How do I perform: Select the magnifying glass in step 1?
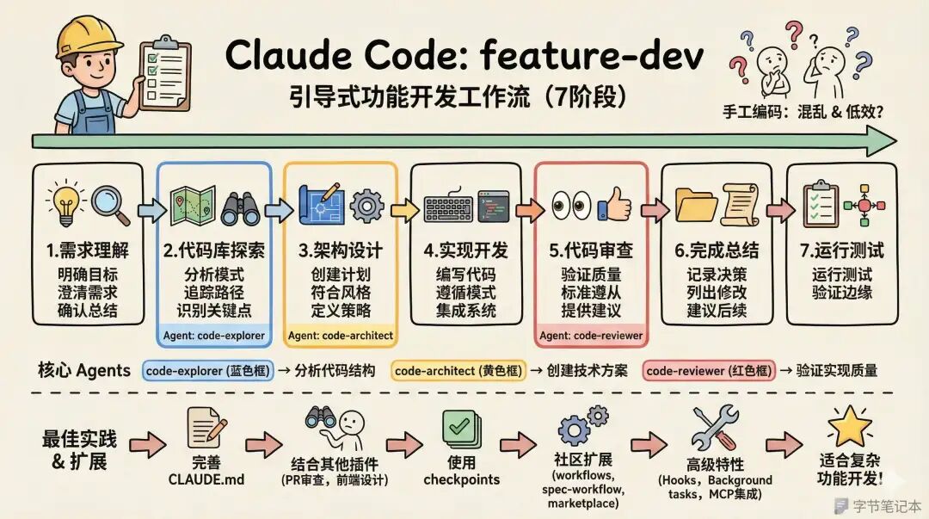pyautogui.click(x=110, y=203)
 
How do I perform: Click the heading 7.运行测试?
pyautogui.click(x=841, y=250)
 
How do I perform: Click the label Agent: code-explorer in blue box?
pyautogui.click(x=213, y=335)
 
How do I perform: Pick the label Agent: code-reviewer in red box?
pyautogui.click(x=591, y=335)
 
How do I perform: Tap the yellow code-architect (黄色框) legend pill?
pyautogui.click(x=460, y=371)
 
